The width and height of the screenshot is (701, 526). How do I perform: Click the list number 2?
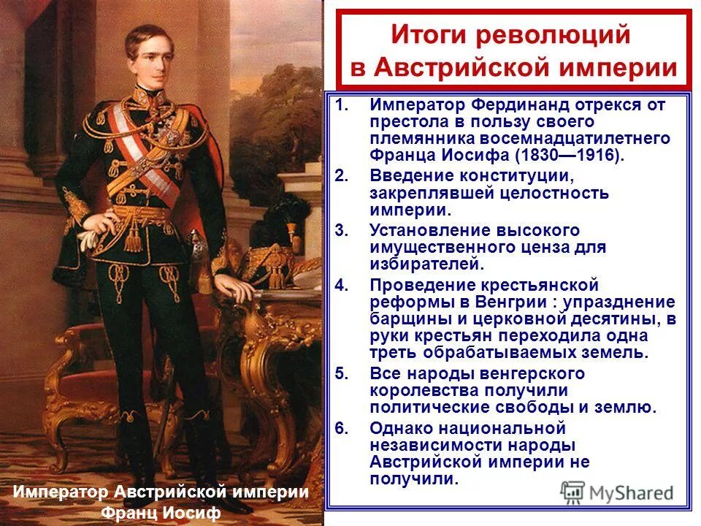342,176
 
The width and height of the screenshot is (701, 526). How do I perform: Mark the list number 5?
342,373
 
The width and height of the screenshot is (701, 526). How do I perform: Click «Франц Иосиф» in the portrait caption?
161,513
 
